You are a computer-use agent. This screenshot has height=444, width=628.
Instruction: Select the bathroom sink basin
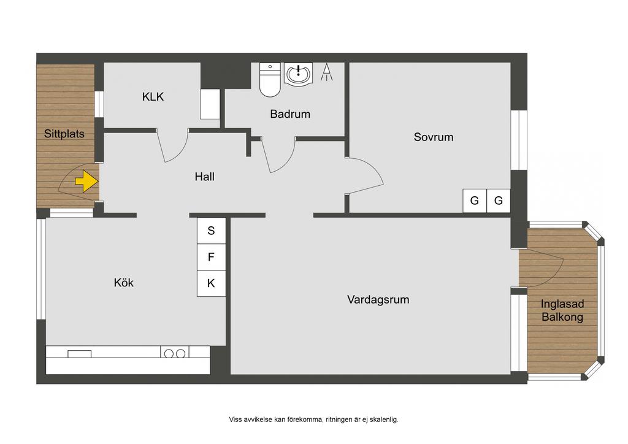click(298, 74)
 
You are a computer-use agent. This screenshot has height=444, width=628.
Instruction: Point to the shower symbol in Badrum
click(327, 72)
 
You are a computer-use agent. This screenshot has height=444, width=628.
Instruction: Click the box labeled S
click(211, 231)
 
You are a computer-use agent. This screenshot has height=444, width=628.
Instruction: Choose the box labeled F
click(211, 257)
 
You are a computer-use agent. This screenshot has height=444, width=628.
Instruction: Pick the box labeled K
click(211, 283)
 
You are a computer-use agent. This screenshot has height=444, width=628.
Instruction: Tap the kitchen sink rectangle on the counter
click(79, 354)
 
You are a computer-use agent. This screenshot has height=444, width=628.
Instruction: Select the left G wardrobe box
click(475, 201)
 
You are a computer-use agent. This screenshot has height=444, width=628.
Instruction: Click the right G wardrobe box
click(498, 201)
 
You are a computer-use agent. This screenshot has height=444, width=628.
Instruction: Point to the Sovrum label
click(434, 137)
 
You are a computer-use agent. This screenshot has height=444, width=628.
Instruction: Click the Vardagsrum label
click(378, 299)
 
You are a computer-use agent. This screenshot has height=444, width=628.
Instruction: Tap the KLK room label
click(153, 96)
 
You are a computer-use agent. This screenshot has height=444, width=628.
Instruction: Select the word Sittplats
click(64, 134)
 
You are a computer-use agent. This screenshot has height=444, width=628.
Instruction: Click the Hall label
click(205, 177)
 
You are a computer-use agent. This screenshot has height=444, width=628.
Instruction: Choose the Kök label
click(123, 282)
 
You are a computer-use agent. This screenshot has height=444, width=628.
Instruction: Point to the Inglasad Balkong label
click(562, 310)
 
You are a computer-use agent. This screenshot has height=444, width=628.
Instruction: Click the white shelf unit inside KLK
click(210, 104)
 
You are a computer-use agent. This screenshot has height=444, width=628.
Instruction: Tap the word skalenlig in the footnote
click(383, 419)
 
